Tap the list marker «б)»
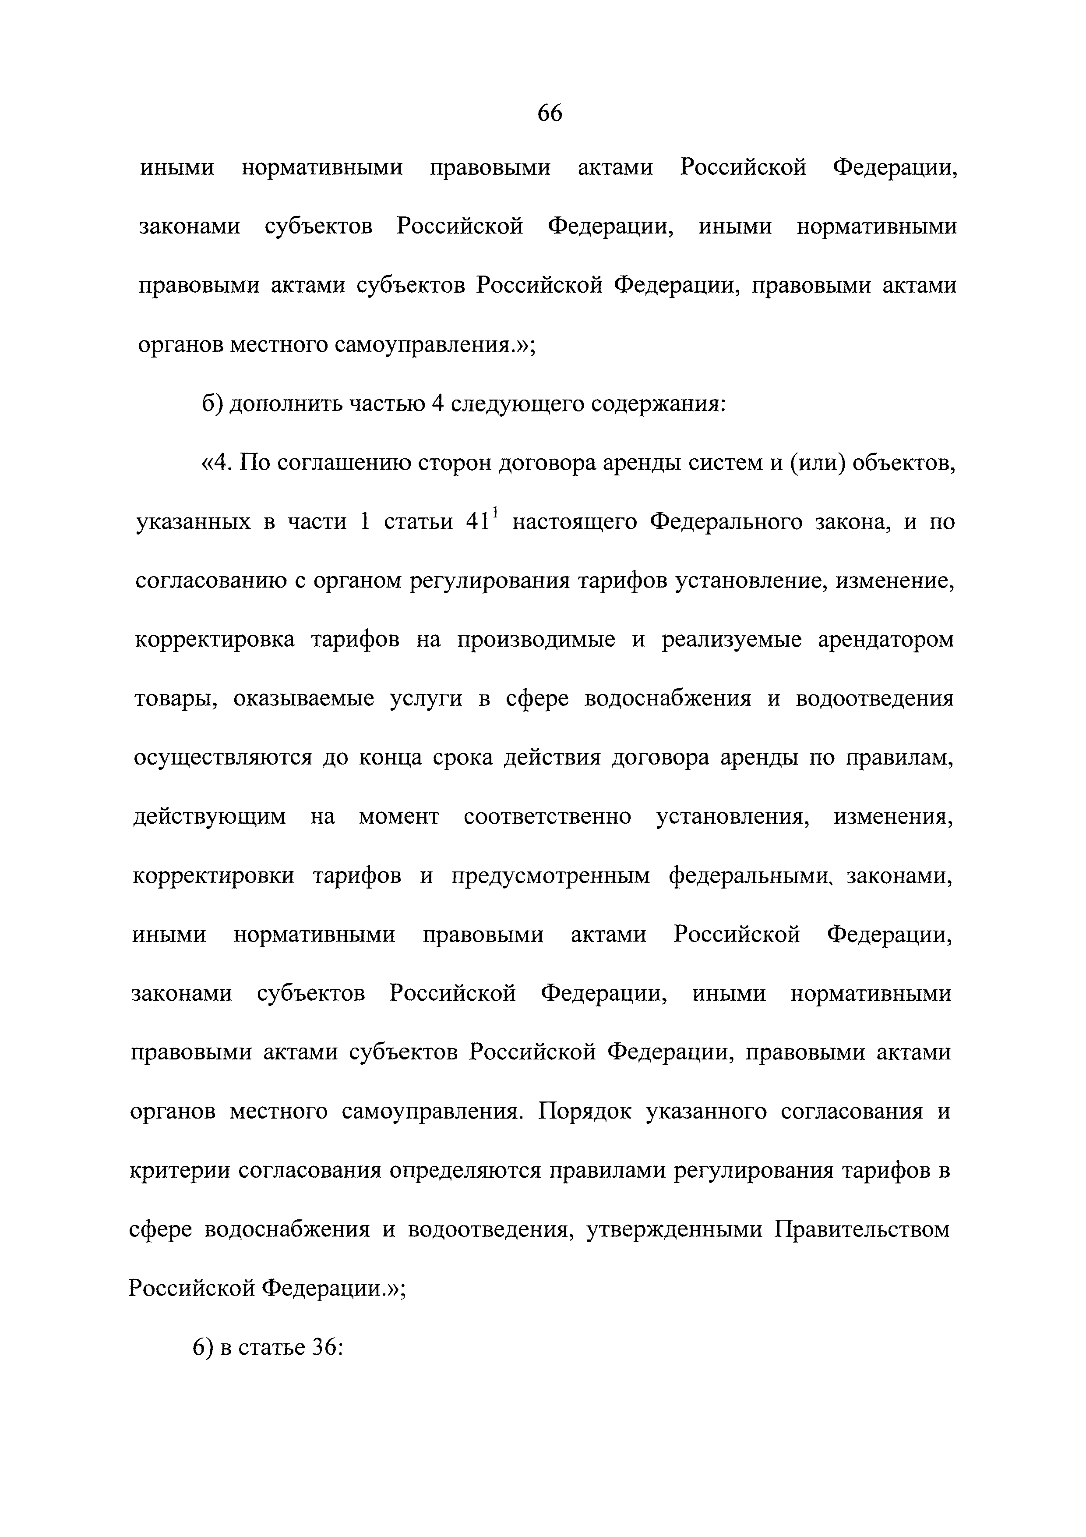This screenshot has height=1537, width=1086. [213, 404]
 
